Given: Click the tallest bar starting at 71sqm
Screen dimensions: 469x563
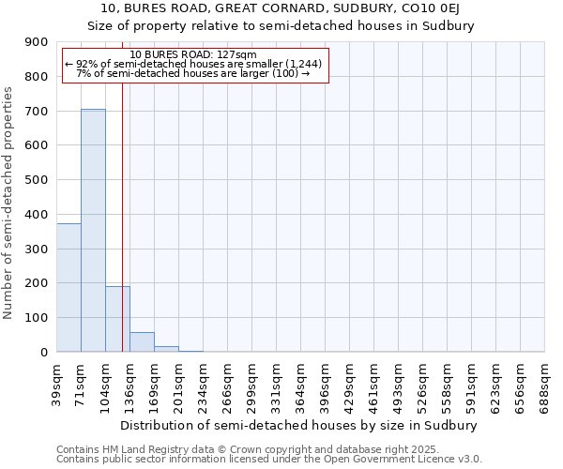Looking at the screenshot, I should click(93, 230).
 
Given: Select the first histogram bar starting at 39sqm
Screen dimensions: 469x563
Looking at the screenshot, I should click(68, 287).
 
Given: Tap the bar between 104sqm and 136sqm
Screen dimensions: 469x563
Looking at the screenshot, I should click(117, 319).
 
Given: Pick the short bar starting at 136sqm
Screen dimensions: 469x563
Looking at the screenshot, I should click(142, 342).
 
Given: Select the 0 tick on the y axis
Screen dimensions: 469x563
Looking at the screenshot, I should click(44, 352).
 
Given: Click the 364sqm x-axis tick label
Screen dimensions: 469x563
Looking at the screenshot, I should click(300, 386).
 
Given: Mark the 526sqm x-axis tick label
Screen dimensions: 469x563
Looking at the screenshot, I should click(422, 386).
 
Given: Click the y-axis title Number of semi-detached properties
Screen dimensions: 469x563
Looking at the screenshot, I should click(9, 203).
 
